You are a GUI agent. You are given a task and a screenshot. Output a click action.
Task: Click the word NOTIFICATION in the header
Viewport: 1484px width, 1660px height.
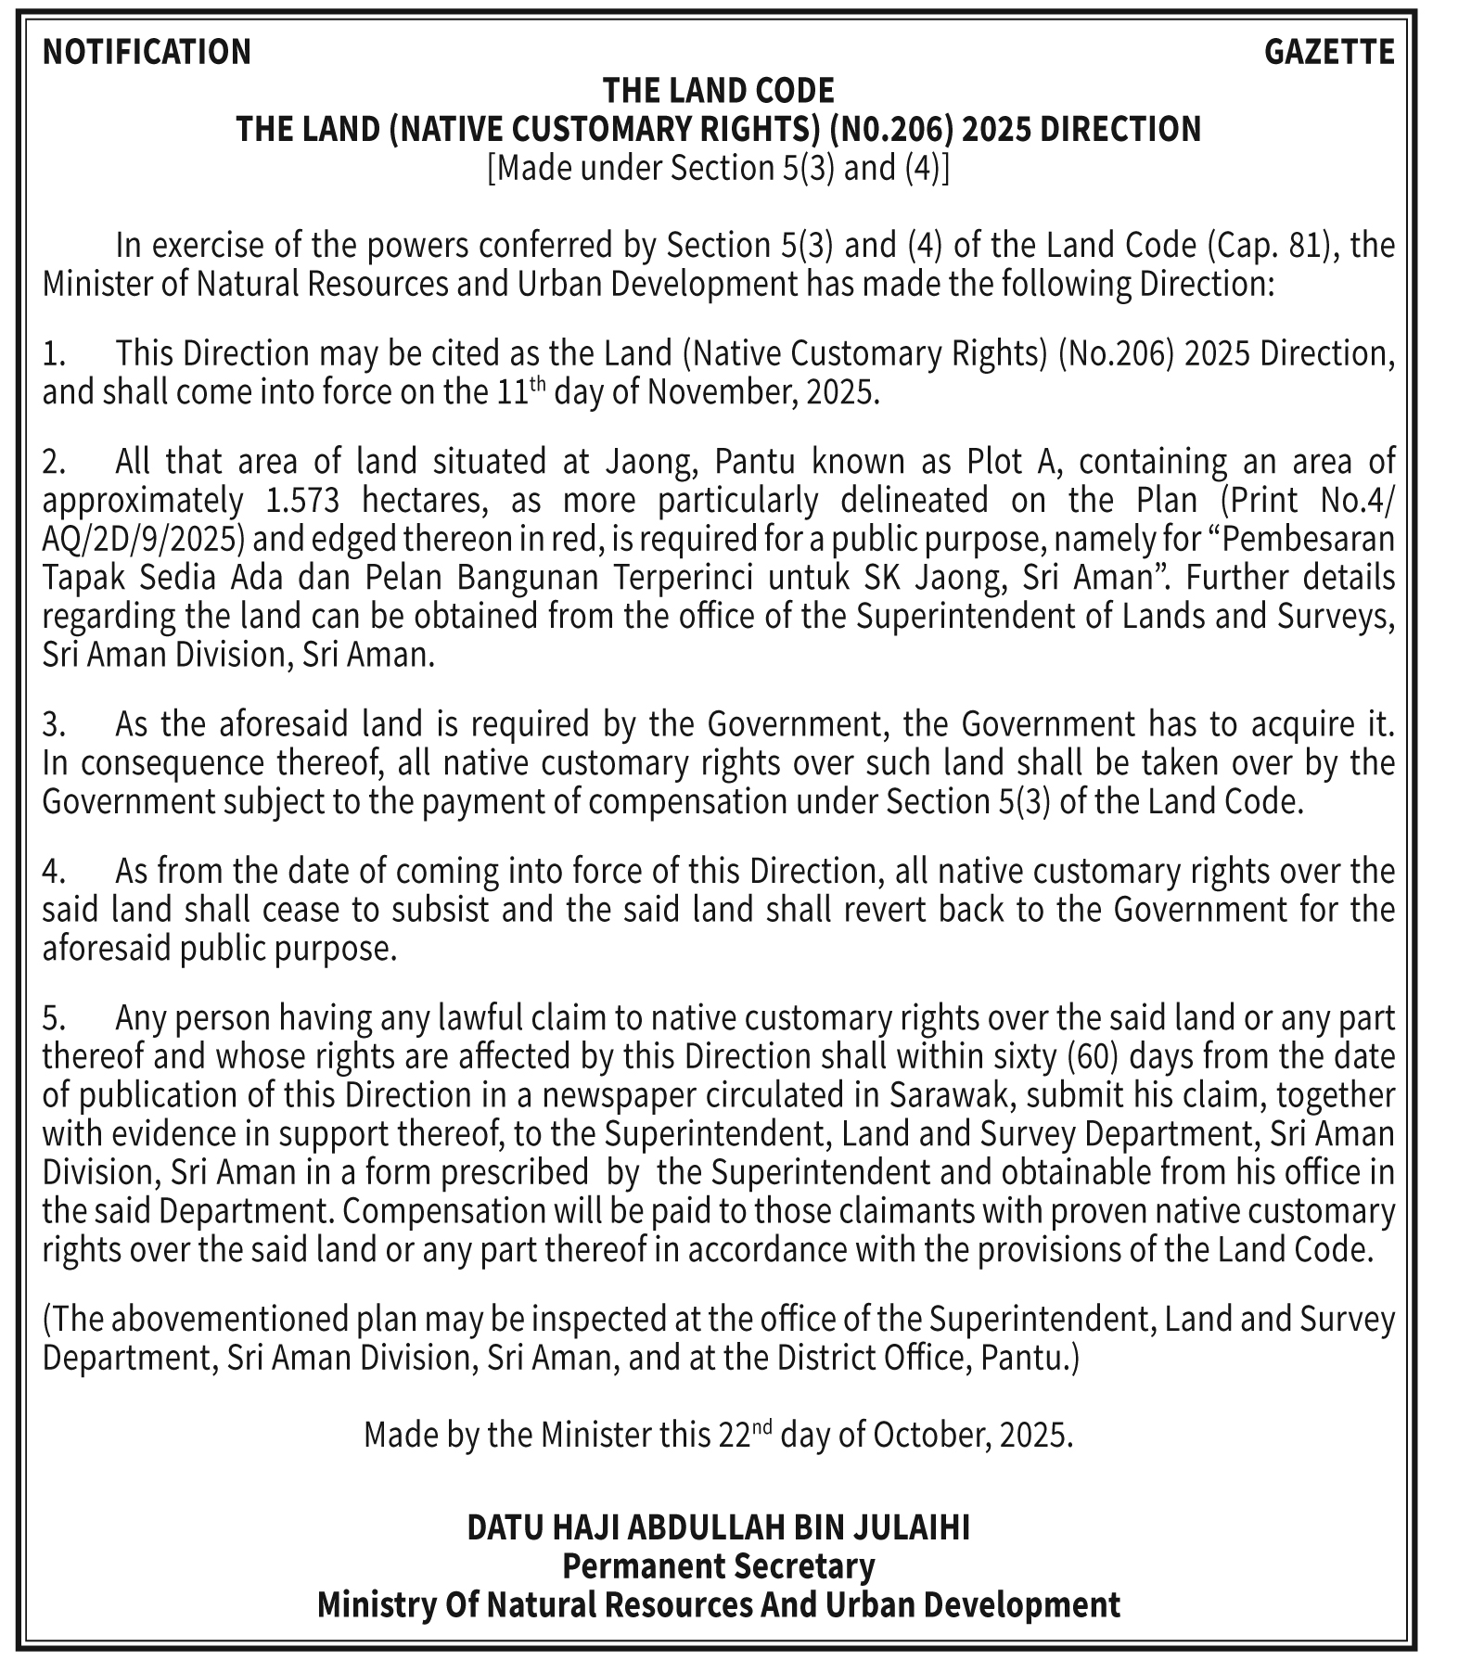[147, 52]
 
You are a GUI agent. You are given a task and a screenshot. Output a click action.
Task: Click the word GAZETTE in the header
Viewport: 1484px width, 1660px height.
[1328, 52]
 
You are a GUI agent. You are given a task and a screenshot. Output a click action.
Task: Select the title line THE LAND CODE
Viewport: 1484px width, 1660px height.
[718, 91]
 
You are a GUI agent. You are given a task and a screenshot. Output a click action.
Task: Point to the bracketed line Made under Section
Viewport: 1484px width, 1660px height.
[718, 168]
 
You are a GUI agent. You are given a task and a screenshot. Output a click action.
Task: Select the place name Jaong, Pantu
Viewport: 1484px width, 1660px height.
[704, 461]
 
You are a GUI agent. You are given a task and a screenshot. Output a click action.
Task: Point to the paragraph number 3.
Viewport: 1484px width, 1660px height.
[52, 723]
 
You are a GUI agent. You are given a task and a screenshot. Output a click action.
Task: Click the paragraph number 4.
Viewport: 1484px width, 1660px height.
[52, 872]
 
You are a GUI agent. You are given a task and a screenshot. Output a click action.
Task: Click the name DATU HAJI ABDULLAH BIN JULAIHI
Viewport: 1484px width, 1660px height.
[718, 1526]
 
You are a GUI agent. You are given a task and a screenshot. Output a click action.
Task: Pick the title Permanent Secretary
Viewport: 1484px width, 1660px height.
[718, 1565]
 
